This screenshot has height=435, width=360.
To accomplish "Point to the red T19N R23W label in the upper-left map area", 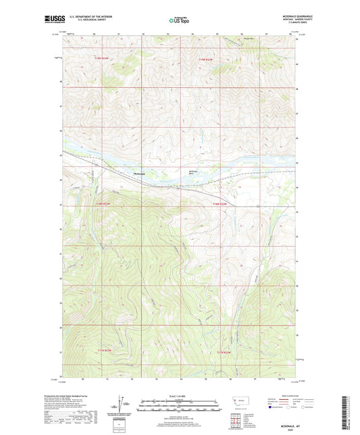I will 101,60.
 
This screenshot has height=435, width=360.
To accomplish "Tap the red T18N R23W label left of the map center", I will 102,203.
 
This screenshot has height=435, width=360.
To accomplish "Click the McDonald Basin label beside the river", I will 195,173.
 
